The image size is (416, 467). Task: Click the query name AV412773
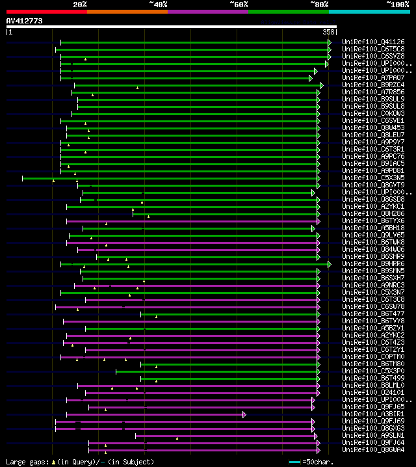coord(24,21)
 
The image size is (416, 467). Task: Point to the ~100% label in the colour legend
coord(397,4)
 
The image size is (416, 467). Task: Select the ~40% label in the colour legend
coord(158,4)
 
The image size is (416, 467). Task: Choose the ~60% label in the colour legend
coord(239,4)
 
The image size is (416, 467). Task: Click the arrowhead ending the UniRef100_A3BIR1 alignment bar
coord(244,414)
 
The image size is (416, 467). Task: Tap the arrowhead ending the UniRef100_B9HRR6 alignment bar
coord(330,264)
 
